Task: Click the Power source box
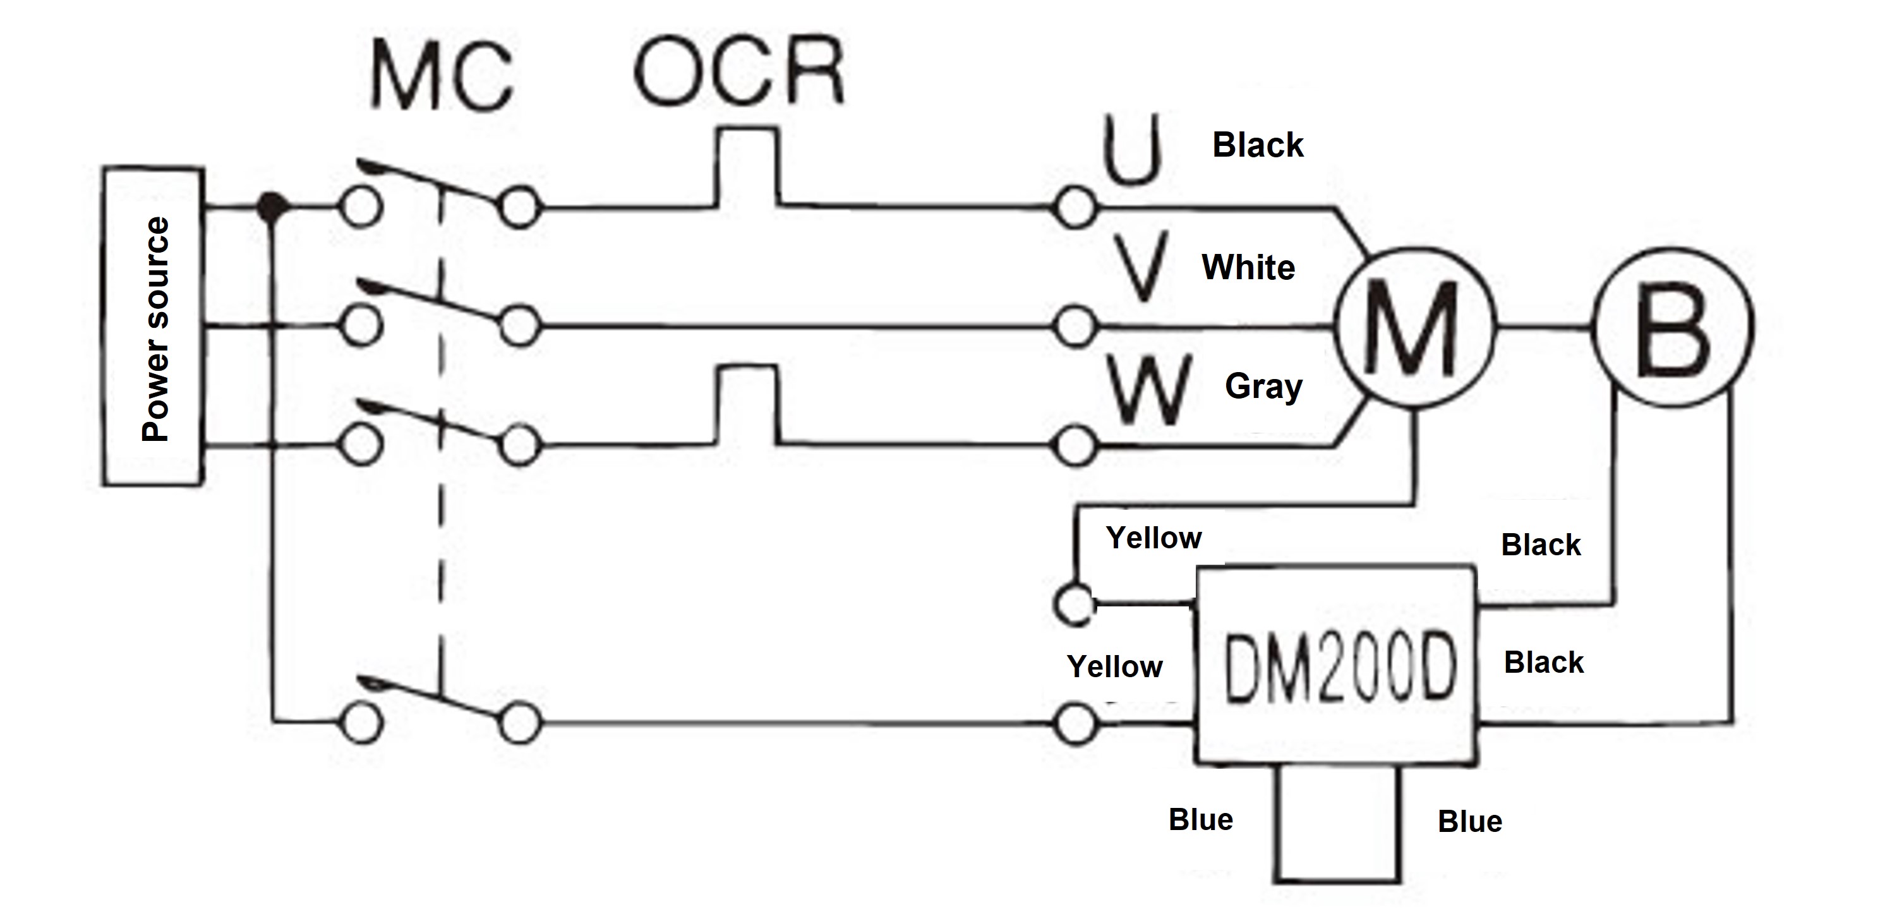[152, 327]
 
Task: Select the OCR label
[739, 72]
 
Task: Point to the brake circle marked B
[1673, 327]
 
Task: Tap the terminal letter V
[1144, 267]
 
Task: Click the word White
[1248, 268]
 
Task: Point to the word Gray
[1264, 387]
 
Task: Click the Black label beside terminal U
[1257, 145]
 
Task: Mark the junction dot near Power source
[272, 207]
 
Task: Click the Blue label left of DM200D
[1200, 820]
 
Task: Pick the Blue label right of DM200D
[1469, 821]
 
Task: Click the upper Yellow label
[1153, 538]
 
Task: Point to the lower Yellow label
[1114, 666]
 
